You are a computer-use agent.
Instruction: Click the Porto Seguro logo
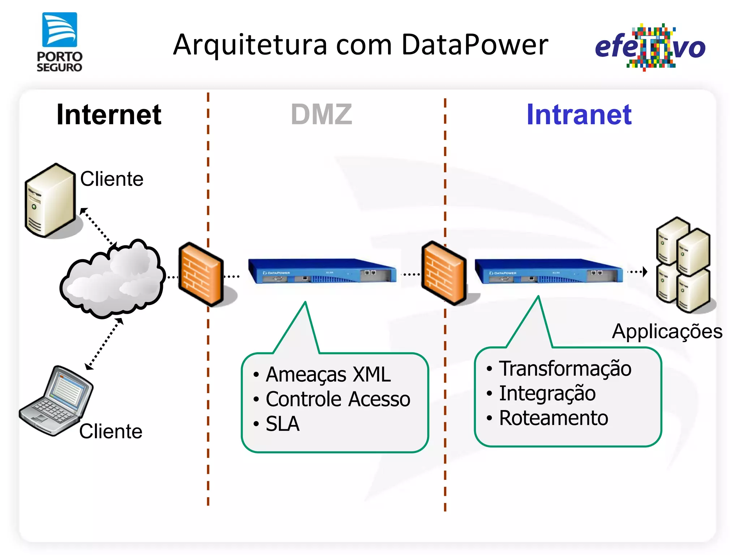pyautogui.click(x=60, y=42)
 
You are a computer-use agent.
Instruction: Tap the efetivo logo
pyautogui.click(x=650, y=47)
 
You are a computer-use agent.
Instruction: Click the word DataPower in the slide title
pyautogui.click(x=474, y=45)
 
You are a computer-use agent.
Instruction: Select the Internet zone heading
pyautogui.click(x=109, y=115)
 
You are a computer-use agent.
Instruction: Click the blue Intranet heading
pyautogui.click(x=579, y=115)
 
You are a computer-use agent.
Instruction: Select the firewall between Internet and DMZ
pyautogui.click(x=201, y=274)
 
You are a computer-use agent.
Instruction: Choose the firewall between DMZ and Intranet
pyautogui.click(x=444, y=273)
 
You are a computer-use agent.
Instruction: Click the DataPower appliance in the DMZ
pyautogui.click(x=322, y=271)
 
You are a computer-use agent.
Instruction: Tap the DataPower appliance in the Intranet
pyautogui.click(x=548, y=271)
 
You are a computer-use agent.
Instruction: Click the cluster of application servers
pyautogui.click(x=683, y=264)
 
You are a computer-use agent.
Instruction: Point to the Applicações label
pyautogui.click(x=667, y=331)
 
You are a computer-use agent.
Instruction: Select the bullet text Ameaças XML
pyautogui.click(x=328, y=375)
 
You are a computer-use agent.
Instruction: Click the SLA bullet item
pyautogui.click(x=282, y=424)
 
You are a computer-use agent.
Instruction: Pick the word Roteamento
pyautogui.click(x=554, y=418)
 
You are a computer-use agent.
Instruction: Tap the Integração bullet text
pyautogui.click(x=547, y=393)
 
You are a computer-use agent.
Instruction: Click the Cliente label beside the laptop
pyautogui.click(x=111, y=431)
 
